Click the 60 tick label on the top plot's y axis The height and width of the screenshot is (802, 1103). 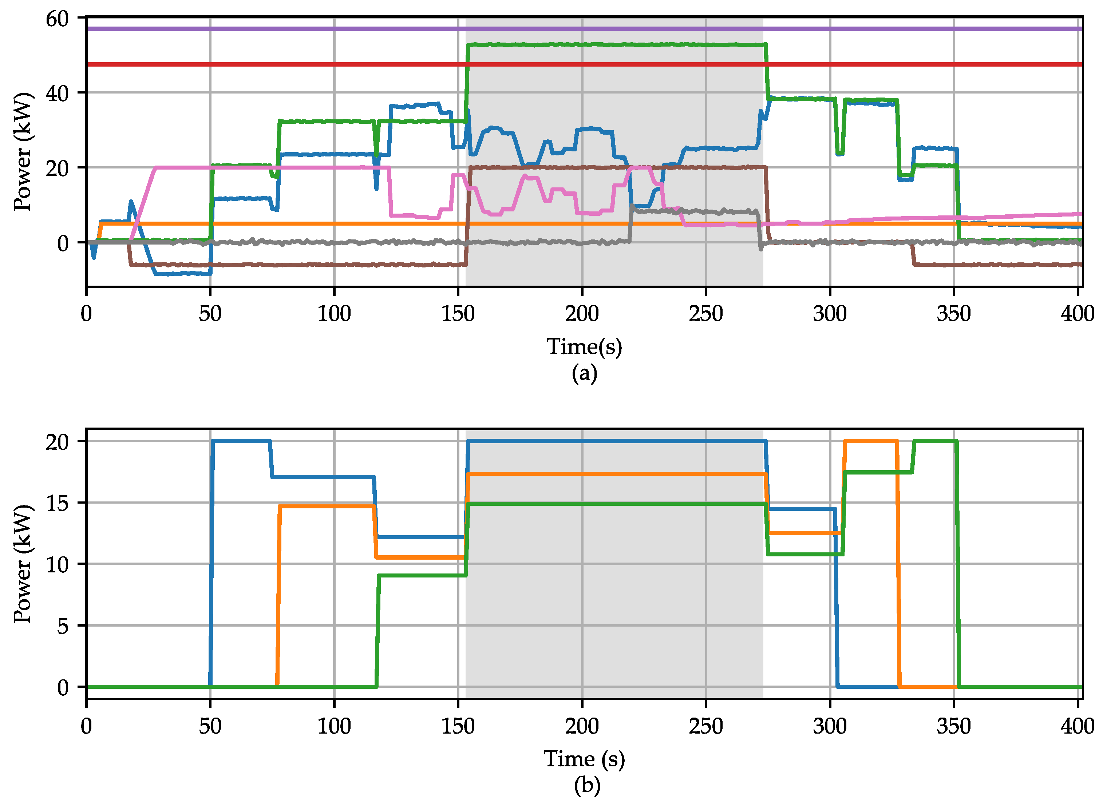(58, 19)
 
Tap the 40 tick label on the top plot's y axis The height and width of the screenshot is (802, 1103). (58, 93)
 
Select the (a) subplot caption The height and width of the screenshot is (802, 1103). (584, 373)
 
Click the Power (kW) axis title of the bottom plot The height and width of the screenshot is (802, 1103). (22, 564)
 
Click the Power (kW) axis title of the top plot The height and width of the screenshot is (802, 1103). (22, 152)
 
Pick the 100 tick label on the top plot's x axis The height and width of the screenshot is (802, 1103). (334, 314)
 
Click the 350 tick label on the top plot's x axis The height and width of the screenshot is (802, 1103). (954, 314)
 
